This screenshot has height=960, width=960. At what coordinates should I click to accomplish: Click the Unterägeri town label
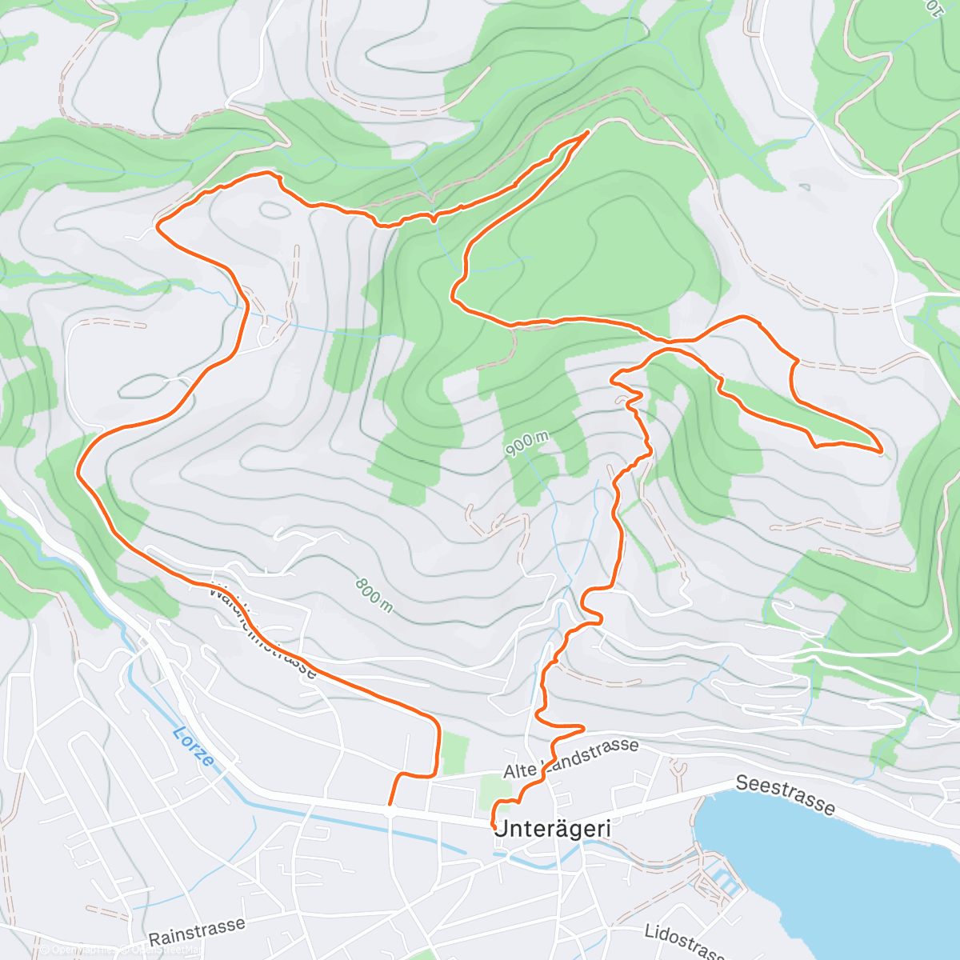(x=553, y=830)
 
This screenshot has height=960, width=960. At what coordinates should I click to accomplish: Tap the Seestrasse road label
(x=785, y=794)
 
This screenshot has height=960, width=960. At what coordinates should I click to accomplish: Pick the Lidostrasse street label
(x=685, y=942)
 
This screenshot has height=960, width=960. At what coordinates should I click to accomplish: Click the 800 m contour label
(x=374, y=596)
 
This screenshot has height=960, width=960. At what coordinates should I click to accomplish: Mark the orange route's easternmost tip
(x=881, y=452)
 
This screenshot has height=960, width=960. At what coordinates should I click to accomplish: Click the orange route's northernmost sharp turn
(x=589, y=131)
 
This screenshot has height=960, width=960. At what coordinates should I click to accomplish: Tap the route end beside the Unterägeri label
(x=494, y=826)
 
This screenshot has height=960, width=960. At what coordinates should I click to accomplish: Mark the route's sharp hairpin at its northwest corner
(x=158, y=226)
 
